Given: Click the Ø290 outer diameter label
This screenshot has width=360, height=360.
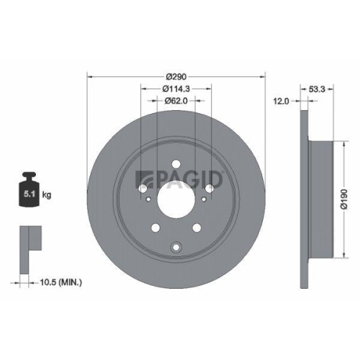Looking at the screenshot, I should coord(176,76).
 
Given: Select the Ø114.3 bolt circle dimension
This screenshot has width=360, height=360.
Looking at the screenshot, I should coord(176,89).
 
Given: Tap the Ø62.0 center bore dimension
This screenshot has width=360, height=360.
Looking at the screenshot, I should coord(176,101).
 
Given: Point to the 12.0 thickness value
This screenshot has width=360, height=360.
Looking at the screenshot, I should coord(282,101).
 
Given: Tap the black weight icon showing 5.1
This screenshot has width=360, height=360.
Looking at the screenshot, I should coord(30,192).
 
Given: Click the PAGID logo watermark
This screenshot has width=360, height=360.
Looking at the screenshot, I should coord(182,180).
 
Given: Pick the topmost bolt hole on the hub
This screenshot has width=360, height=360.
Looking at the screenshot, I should coord(176,172).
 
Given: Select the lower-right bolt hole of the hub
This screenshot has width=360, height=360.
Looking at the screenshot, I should coord(197,229).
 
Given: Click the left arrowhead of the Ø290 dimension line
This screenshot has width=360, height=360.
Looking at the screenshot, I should coord(90,76).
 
